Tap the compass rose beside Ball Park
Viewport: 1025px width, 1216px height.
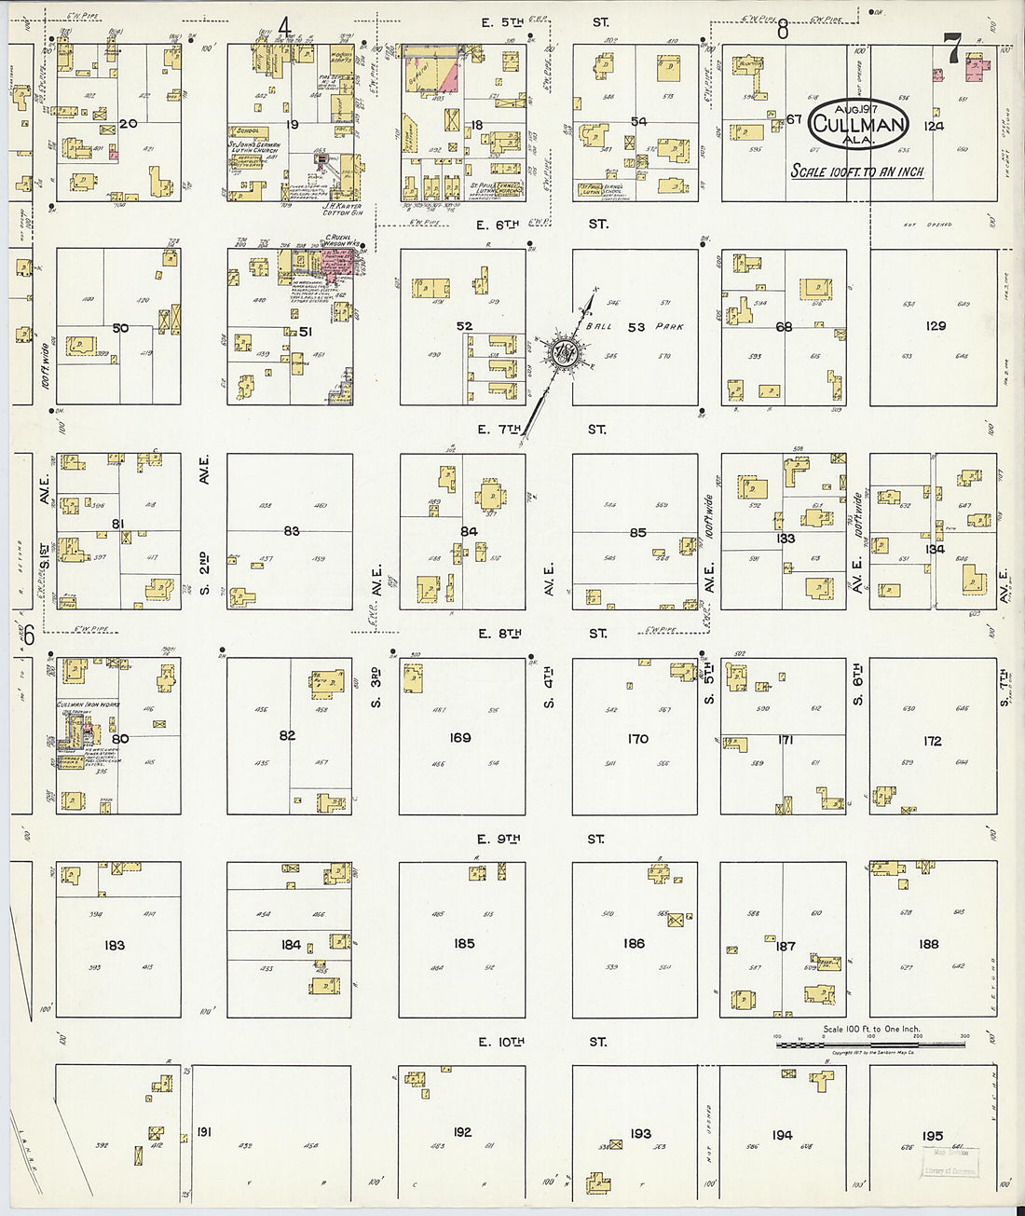coord(562,352)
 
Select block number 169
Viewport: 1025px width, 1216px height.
coord(460,737)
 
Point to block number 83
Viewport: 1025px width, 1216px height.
coord(292,531)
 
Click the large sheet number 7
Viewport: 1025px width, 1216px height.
coord(951,48)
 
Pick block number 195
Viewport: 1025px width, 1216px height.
coord(932,1136)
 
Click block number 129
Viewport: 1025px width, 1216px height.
coord(935,326)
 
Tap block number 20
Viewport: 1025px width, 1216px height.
coord(128,123)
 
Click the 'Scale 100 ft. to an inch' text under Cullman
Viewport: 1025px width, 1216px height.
coord(857,171)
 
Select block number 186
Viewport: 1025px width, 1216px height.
coord(634,943)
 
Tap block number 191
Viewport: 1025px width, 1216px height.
coord(204,1132)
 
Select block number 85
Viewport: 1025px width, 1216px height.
coord(637,533)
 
